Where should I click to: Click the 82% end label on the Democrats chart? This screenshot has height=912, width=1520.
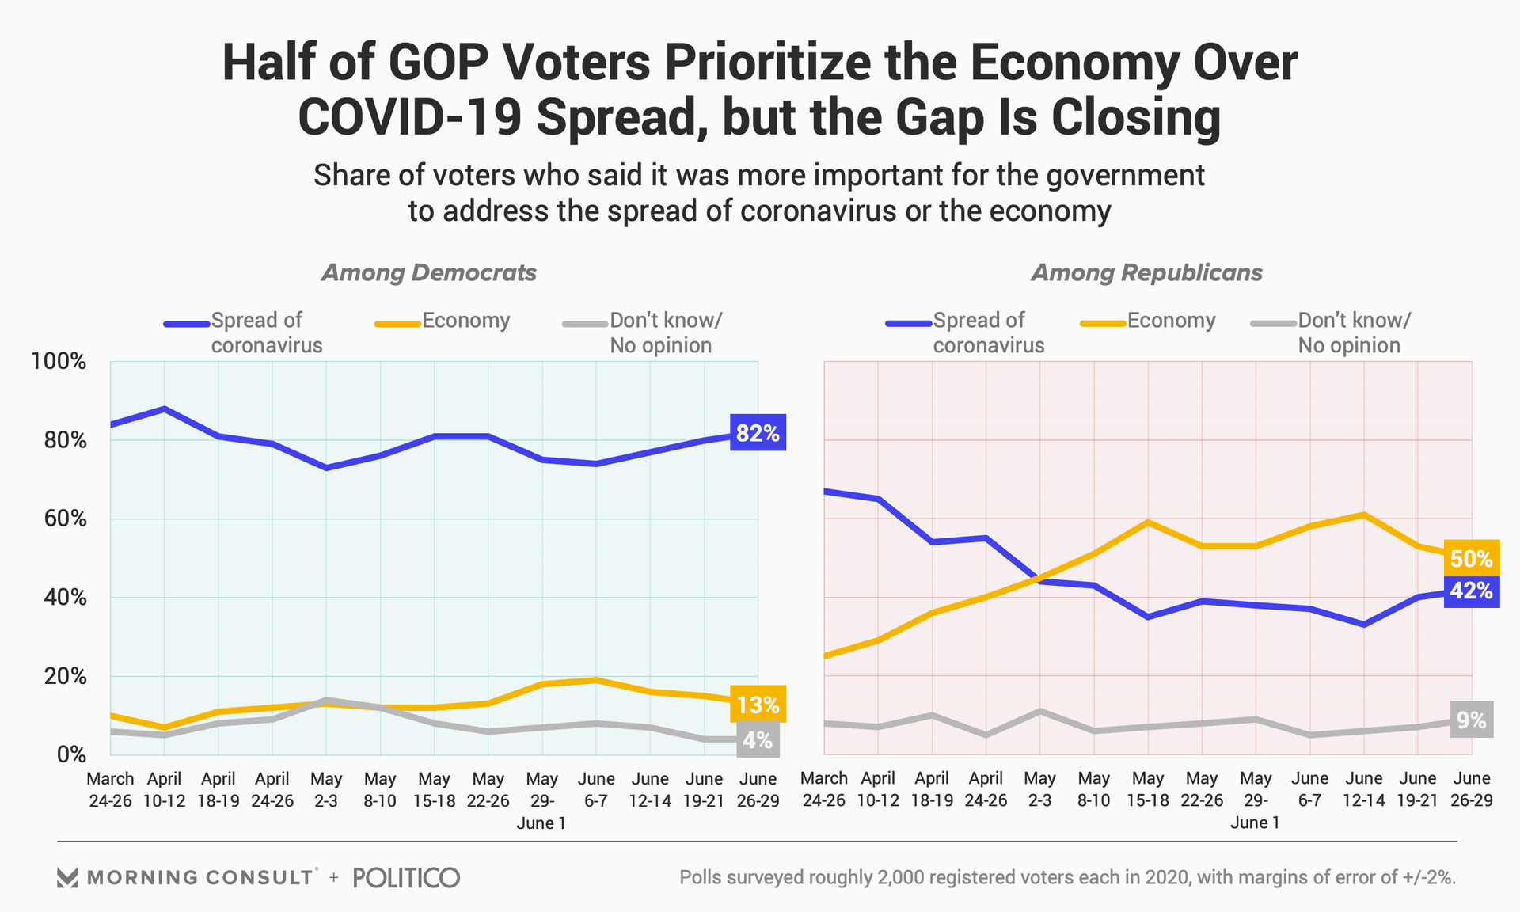pyautogui.click(x=758, y=432)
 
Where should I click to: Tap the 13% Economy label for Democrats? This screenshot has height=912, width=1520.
pyautogui.click(x=758, y=704)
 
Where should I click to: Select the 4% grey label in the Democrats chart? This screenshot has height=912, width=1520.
pyautogui.click(x=758, y=739)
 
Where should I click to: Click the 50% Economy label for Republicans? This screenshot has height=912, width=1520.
pyautogui.click(x=1471, y=558)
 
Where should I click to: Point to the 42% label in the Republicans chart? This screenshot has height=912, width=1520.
pyautogui.click(x=1471, y=590)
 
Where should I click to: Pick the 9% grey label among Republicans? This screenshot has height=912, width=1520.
pyautogui.click(x=1471, y=720)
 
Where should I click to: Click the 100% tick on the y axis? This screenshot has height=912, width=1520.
pyautogui.click(x=59, y=362)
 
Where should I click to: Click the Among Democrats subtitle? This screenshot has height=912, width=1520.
pyautogui.click(x=428, y=273)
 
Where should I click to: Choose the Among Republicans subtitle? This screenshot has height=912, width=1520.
pyautogui.click(x=1146, y=273)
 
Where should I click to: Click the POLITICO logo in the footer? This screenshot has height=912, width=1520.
pyautogui.click(x=406, y=877)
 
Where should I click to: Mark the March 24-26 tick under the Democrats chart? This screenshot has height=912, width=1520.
pyautogui.click(x=110, y=789)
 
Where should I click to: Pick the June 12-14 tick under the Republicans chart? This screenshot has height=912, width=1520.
pyautogui.click(x=1363, y=789)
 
